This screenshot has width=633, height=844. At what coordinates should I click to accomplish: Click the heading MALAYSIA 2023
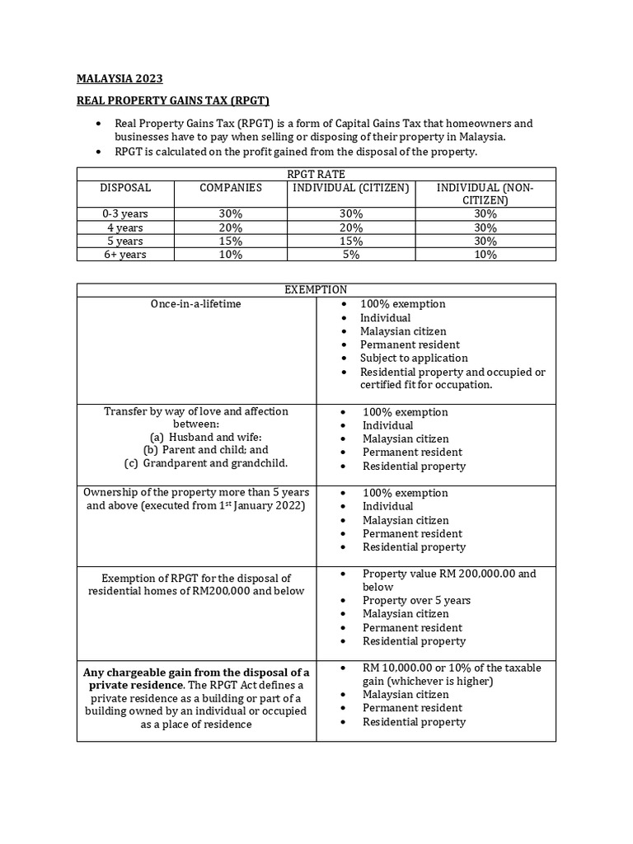120,78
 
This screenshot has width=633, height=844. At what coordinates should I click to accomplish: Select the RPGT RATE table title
316,174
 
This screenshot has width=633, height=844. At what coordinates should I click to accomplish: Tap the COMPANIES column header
231,188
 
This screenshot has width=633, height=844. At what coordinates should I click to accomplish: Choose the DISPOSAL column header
125,188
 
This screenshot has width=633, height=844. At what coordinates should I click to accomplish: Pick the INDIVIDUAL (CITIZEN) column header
351,188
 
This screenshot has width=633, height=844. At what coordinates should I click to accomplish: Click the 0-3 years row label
125,213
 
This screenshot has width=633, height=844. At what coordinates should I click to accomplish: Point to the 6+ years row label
125,255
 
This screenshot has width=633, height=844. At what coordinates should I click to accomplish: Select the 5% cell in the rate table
351,255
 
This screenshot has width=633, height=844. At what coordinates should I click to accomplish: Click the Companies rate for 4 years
231,227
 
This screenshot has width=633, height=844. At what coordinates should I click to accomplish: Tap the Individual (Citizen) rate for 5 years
351,241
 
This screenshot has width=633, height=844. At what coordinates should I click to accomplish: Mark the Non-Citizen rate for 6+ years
485,255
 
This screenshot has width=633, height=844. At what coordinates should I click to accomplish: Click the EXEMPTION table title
316,289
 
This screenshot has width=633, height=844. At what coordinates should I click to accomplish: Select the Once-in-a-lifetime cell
196,304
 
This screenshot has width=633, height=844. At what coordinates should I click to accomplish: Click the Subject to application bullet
414,359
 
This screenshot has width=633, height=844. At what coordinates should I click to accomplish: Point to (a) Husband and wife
196,438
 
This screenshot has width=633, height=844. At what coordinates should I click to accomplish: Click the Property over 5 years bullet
416,600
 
